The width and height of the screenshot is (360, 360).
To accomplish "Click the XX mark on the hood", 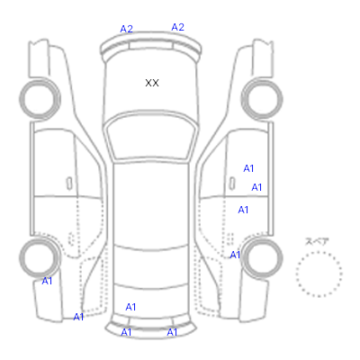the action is [152, 83].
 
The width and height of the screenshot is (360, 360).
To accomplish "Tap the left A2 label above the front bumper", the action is [126, 29].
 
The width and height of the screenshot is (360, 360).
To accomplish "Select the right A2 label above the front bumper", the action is [177, 27].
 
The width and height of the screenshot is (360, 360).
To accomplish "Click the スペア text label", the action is [317, 241].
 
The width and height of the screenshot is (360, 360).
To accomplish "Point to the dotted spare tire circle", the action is [319, 252].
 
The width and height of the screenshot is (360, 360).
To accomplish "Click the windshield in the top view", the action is [152, 137].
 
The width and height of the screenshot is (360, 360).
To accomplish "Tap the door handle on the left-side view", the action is [69, 184].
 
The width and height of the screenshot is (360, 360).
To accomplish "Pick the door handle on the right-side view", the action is [232, 184].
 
